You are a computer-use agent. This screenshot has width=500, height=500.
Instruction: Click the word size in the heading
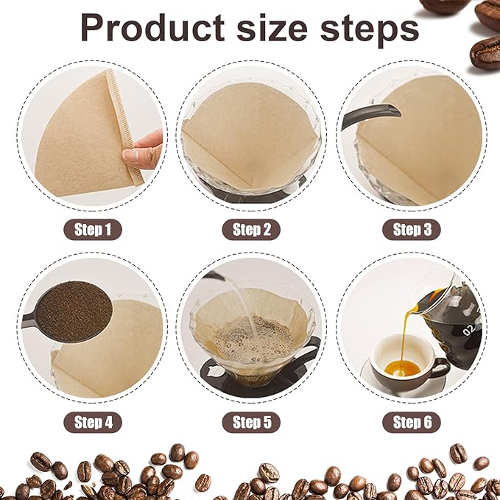275,28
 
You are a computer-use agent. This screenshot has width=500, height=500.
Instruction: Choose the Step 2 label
252,230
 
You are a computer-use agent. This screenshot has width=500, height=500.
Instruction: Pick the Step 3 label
412,230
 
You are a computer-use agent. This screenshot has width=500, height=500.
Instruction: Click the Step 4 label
93,422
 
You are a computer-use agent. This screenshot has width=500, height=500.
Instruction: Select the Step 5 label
252,422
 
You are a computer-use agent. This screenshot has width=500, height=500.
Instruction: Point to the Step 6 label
412,422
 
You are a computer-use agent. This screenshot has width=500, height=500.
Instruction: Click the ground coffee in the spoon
74,310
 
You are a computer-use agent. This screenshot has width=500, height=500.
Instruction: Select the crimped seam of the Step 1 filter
123,125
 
